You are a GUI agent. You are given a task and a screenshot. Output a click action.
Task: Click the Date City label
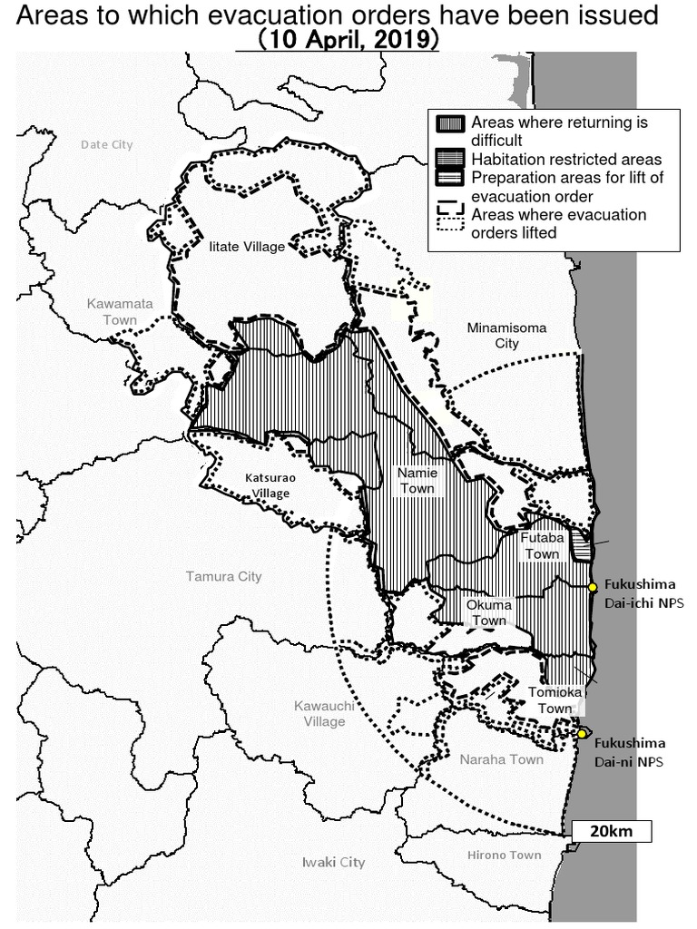click(106, 144)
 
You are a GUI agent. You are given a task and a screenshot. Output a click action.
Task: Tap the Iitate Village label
click(247, 247)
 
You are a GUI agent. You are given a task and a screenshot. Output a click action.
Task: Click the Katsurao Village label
click(270, 484)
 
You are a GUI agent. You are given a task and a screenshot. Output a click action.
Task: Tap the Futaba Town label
click(542, 545)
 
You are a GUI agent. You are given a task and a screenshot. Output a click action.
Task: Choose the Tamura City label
click(223, 576)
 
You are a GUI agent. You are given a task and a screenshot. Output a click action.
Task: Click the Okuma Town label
click(488, 612)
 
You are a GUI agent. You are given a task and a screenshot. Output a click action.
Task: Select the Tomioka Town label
click(551, 699)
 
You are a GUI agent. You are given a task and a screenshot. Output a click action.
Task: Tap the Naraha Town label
click(501, 759)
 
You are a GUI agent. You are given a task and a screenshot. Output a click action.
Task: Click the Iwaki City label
click(333, 862)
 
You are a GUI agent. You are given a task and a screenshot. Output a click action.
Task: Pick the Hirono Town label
click(504, 855)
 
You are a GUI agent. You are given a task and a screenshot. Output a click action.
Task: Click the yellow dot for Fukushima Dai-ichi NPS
click(593, 587)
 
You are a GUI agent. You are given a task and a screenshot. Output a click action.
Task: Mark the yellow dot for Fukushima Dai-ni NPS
click(582, 733)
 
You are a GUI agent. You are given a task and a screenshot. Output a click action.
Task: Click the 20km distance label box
click(611, 831)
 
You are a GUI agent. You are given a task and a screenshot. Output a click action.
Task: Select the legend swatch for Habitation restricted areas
click(450, 160)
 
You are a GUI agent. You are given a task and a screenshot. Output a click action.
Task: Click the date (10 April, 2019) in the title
click(347, 41)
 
